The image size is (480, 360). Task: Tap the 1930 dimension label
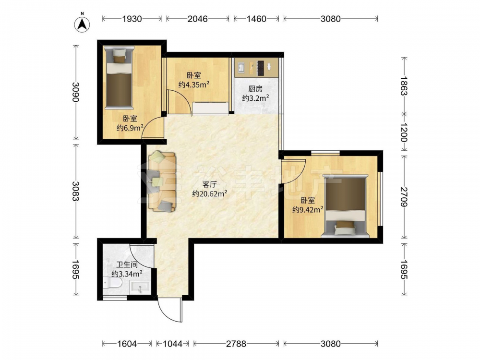pos(132,19)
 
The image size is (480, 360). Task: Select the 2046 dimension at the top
pos(197,19)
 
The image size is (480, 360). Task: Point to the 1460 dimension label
pos(256,19)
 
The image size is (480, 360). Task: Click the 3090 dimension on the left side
pos(76,92)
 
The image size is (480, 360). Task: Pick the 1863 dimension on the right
pos(404,86)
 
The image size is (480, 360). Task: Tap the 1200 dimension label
pos(404,132)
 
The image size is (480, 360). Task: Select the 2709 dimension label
pos(404,196)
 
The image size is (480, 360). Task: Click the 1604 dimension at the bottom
pos(127,344)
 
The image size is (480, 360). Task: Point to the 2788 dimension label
pos(236,344)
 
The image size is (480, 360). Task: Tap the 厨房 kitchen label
pos(255,89)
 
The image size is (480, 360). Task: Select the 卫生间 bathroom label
pos(127,264)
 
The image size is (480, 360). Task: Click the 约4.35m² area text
pos(194,84)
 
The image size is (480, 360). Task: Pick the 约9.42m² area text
pos(308,210)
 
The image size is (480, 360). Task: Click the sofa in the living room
pos(162,181)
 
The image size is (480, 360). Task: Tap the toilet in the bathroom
pos(112,283)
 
